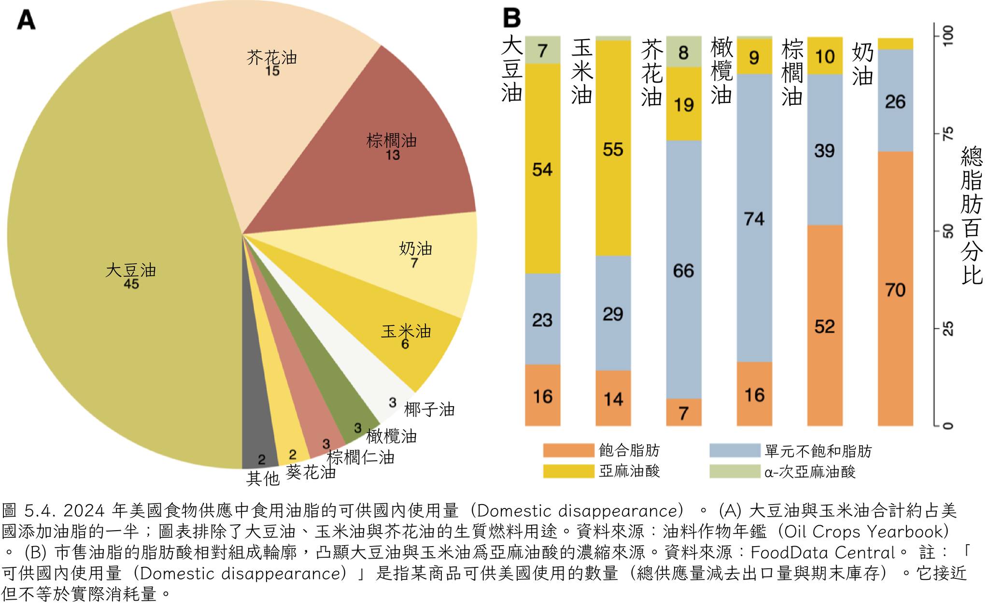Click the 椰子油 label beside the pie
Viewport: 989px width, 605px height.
click(x=429, y=410)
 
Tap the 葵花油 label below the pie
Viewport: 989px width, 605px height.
click(x=311, y=472)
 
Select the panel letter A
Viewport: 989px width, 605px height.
click(x=26, y=20)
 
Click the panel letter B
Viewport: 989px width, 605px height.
click(x=512, y=18)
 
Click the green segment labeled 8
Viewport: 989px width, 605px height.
click(x=683, y=52)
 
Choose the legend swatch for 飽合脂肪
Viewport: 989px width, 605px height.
click(x=568, y=450)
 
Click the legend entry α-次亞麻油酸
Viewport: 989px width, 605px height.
click(x=809, y=472)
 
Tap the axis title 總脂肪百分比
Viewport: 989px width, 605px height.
click(x=972, y=215)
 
